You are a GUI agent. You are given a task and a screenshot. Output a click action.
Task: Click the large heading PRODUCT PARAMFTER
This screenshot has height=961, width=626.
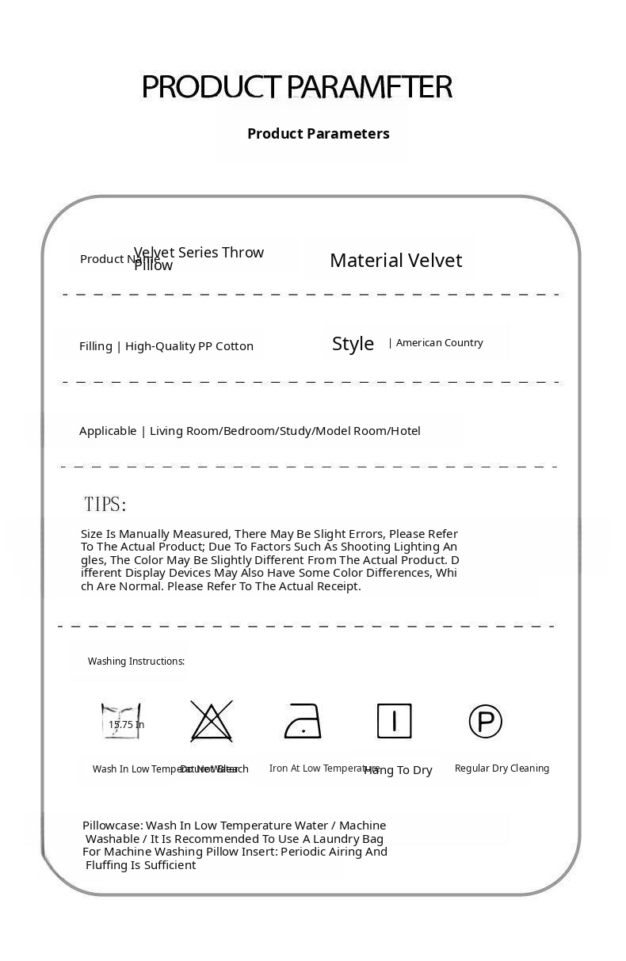click(x=297, y=86)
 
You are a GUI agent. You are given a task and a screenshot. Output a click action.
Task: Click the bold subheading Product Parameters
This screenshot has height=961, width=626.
click(x=318, y=133)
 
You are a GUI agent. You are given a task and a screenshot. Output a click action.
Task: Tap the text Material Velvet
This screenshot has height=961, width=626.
click(x=395, y=260)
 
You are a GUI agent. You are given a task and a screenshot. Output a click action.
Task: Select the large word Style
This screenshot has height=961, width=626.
click(x=353, y=343)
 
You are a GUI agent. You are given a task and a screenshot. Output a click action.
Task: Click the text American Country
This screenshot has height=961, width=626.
click(x=439, y=342)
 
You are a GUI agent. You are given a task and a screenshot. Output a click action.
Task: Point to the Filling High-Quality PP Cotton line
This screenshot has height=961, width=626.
click(x=166, y=345)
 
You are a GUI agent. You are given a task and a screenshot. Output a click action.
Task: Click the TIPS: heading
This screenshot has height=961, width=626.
click(x=105, y=504)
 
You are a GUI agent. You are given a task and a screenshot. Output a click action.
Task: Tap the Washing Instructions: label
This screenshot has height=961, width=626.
click(x=136, y=661)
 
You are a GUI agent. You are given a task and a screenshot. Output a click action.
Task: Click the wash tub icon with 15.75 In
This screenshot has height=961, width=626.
click(x=121, y=721)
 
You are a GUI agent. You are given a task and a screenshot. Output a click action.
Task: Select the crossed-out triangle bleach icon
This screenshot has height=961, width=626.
click(x=212, y=721)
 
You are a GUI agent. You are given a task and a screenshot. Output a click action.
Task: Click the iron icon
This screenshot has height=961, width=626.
click(x=303, y=721)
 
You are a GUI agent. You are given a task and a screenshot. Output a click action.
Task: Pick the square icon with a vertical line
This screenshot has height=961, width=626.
click(x=394, y=721)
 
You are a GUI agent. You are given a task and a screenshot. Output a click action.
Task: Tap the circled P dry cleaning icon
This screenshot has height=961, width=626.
click(x=485, y=721)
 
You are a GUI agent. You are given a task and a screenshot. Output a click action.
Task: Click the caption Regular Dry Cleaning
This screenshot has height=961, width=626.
click(x=502, y=768)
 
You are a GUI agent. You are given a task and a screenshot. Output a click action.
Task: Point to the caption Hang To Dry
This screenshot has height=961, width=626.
click(x=399, y=770)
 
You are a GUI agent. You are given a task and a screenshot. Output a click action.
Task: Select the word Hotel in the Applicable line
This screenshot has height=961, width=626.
click(x=405, y=430)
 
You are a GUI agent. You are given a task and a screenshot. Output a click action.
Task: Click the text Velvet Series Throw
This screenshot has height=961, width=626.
click(x=199, y=252)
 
